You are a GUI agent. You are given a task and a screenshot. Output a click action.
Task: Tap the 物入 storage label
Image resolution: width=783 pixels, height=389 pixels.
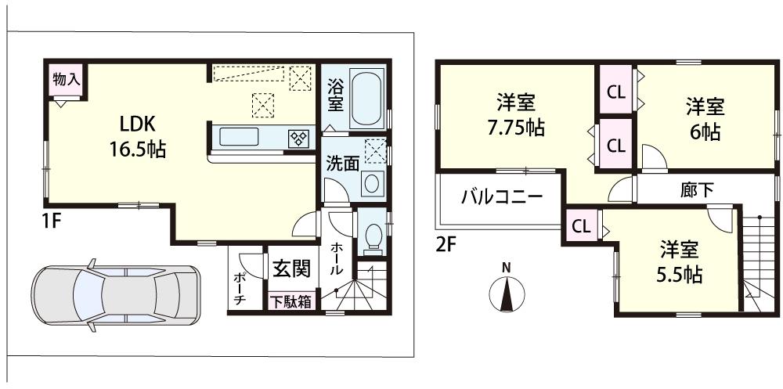click(x=65, y=79)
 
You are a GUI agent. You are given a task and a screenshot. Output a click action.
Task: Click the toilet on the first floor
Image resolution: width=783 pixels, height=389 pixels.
click(x=373, y=234)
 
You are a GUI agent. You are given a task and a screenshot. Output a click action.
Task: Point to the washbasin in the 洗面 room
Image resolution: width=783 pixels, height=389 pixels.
click(x=371, y=184)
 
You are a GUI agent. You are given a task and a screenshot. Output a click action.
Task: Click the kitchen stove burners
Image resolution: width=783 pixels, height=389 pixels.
click(x=299, y=138)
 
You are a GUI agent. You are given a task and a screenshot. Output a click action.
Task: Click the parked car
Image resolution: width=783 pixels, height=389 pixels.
click(x=115, y=299)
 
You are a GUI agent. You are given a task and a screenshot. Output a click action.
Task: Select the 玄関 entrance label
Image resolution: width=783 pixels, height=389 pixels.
click(x=291, y=268)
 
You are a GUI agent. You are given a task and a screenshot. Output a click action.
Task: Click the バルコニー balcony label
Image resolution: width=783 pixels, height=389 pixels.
click(x=501, y=196)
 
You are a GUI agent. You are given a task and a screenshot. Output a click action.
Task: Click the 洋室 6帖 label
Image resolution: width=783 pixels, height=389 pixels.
click(x=705, y=118)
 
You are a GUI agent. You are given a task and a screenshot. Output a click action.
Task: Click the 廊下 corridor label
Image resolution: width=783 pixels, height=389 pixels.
click(x=696, y=190)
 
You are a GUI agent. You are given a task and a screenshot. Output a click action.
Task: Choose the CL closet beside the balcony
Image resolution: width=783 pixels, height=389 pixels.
click(x=581, y=228)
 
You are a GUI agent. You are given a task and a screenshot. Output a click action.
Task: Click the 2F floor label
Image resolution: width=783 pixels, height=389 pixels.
click(x=446, y=244)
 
